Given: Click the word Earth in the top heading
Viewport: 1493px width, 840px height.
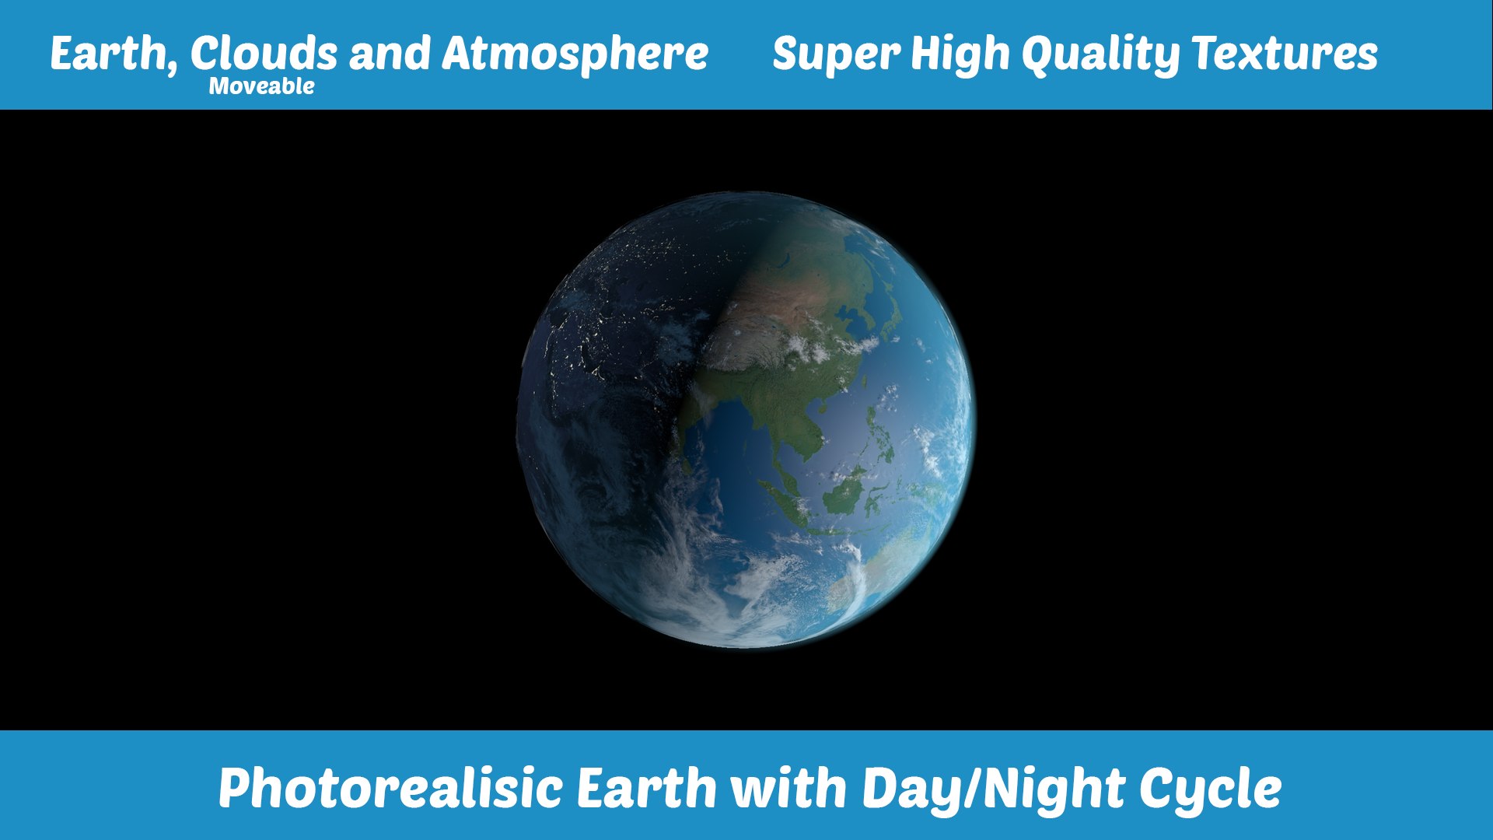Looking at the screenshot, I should [108, 54].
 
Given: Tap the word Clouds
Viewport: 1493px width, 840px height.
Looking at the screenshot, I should [264, 54].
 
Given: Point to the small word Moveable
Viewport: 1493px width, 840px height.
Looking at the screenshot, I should [261, 86].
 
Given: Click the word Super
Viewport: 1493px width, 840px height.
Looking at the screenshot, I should [836, 54].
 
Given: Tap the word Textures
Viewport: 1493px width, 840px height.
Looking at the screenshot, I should [1285, 54].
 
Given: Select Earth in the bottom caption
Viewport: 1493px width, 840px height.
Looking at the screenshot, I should [646, 788].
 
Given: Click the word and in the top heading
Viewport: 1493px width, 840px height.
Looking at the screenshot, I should [389, 54].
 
